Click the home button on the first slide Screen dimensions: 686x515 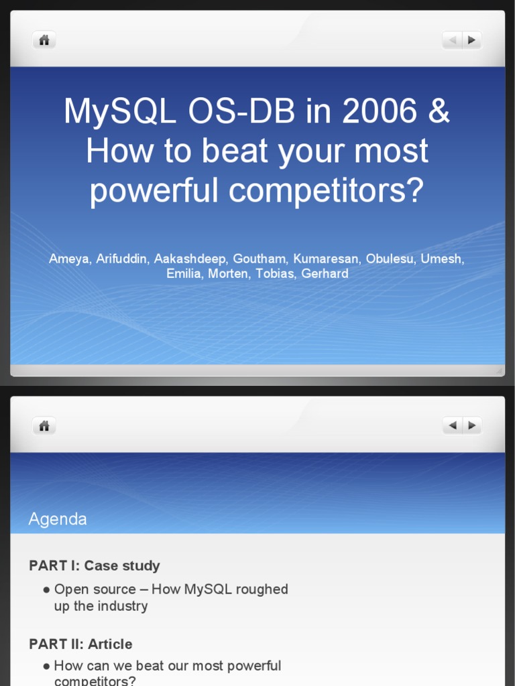(x=44, y=40)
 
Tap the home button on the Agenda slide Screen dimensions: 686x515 (x=44, y=425)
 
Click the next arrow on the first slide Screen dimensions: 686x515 (x=472, y=40)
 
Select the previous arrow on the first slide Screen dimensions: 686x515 (x=452, y=40)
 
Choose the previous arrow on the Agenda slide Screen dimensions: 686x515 (x=453, y=425)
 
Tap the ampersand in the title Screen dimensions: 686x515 (x=439, y=111)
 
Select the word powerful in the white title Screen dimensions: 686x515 (x=155, y=190)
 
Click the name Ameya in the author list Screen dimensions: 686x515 (x=68, y=259)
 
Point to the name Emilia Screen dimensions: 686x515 (x=183, y=273)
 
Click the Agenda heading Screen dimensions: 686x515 (x=58, y=519)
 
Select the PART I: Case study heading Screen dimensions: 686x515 (x=95, y=565)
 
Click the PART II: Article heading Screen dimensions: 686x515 (x=80, y=644)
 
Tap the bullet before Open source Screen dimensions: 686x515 (x=46, y=590)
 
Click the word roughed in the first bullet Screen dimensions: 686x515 (x=261, y=590)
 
